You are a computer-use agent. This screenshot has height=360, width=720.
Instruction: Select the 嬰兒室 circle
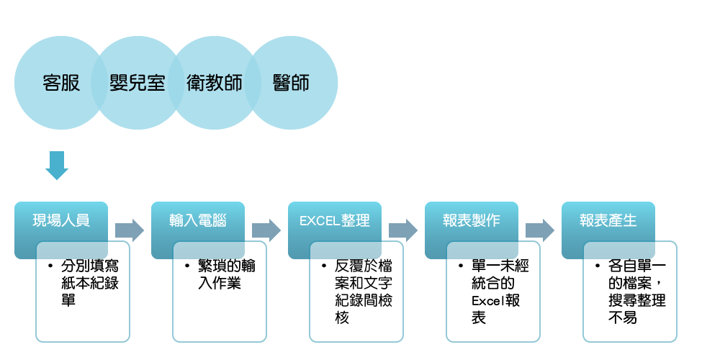[x=138, y=83]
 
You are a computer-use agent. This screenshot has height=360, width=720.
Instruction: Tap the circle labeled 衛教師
[x=214, y=83]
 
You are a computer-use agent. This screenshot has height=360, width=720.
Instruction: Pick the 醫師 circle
[x=291, y=83]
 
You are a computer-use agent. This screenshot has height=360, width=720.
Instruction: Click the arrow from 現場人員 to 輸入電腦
[x=130, y=230]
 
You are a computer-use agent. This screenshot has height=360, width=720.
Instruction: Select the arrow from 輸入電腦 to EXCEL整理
[x=266, y=230]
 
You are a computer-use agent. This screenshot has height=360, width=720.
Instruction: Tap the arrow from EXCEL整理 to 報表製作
[x=403, y=230]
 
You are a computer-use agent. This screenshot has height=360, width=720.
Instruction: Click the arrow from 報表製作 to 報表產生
[x=540, y=230]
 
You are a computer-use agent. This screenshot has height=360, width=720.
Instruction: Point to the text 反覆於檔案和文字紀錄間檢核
[x=363, y=291]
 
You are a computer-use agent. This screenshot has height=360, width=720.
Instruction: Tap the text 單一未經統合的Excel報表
[x=500, y=291]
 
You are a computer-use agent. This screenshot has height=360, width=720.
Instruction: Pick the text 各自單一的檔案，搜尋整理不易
[x=636, y=291]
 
